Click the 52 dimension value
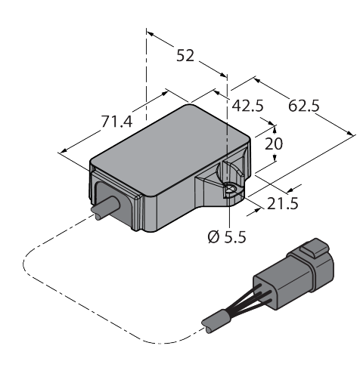pyautogui.click(x=185, y=56)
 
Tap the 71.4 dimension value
pyautogui.click(x=116, y=122)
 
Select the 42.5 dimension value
pyautogui.click(x=247, y=106)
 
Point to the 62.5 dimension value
pyautogui.click(x=304, y=106)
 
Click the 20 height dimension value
pyautogui.click(x=274, y=144)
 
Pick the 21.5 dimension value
pyautogui.click(x=283, y=203)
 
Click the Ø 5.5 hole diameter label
pyautogui.click(x=227, y=237)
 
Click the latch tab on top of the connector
pyautogui.click(x=315, y=248)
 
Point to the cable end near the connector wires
pyautogui.click(x=213, y=323)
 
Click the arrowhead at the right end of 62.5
pyautogui.click(x=350, y=133)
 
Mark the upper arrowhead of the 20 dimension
pyautogui.click(x=275, y=129)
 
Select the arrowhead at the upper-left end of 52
pyautogui.click(x=150, y=34)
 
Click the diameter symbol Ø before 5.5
pyautogui.click(x=213, y=237)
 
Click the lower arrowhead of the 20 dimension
pyautogui.click(x=275, y=158)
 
